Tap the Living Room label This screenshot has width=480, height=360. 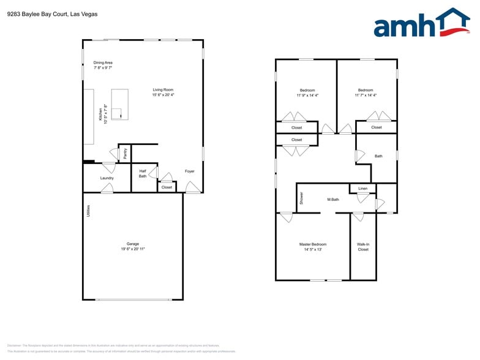163,90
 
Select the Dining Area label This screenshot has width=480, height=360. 103,62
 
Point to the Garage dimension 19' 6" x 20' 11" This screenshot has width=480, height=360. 133,249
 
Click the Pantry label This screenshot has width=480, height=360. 125,154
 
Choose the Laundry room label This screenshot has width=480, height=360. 107,178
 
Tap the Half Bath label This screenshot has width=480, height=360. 143,173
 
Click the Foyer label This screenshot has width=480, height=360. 190,171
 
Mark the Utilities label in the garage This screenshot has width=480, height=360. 89,211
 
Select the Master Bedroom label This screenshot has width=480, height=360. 313,244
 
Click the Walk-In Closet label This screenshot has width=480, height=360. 363,247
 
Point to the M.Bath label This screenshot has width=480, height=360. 333,200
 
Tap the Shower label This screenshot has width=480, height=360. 301,198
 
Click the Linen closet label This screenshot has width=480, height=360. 363,188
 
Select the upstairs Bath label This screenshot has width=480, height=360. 378,156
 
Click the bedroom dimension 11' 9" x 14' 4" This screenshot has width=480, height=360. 307,95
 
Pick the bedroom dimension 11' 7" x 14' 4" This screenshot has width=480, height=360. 366,95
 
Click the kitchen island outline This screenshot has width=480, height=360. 119,104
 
